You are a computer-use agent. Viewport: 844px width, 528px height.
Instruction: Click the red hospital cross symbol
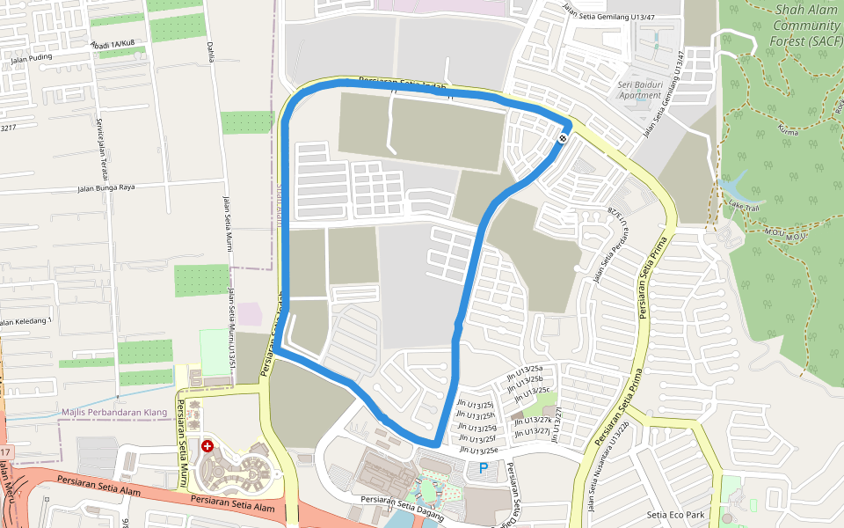click(207, 447)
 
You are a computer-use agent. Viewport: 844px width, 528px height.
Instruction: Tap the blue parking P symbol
click(483, 469)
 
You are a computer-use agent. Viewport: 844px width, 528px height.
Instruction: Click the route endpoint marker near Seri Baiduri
click(563, 138)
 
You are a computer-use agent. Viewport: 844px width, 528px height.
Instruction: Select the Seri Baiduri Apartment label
click(639, 90)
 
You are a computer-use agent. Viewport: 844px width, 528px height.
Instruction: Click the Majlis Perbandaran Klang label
click(114, 412)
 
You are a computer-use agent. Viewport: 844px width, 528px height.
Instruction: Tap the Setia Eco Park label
click(675, 515)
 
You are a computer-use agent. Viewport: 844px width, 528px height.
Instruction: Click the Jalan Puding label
click(32, 59)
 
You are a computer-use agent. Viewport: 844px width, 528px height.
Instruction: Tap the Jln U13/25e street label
click(478, 450)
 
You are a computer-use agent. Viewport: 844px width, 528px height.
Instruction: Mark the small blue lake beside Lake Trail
click(729, 187)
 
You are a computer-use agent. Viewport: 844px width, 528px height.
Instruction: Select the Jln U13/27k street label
click(533, 420)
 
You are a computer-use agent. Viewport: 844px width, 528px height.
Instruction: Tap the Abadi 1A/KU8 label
click(113, 44)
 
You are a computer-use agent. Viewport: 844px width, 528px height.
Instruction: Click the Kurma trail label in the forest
click(786, 128)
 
